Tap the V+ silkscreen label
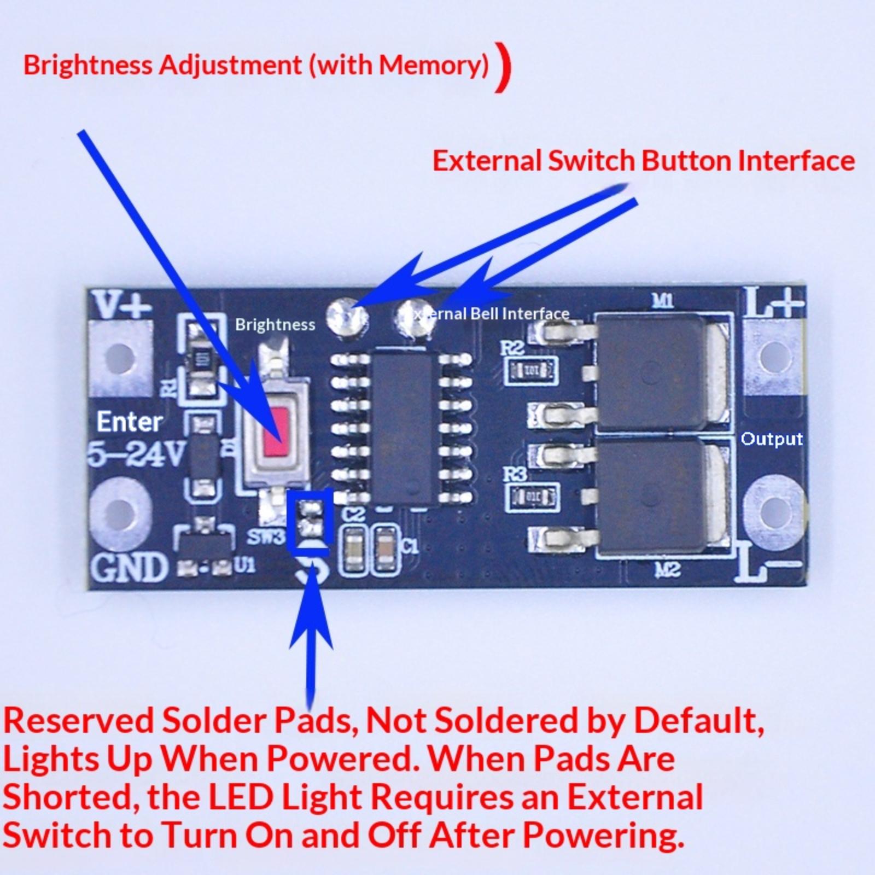point(122,304)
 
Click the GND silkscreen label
point(129,567)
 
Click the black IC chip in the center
point(405,427)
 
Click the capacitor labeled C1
point(386,550)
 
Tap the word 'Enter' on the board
point(130,422)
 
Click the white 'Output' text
point(771,439)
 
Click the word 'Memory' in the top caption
point(432,65)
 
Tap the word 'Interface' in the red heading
point(796,161)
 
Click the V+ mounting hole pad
point(119,358)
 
